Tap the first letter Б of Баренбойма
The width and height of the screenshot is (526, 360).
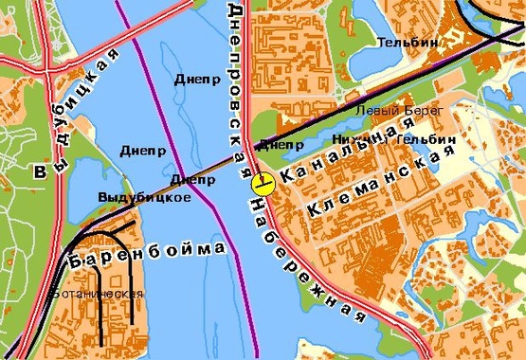coord(73,261)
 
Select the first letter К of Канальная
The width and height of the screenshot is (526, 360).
coord(284,177)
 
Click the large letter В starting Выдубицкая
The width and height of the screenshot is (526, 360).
coord(40,173)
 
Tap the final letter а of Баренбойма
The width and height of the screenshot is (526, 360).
coord(220,247)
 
